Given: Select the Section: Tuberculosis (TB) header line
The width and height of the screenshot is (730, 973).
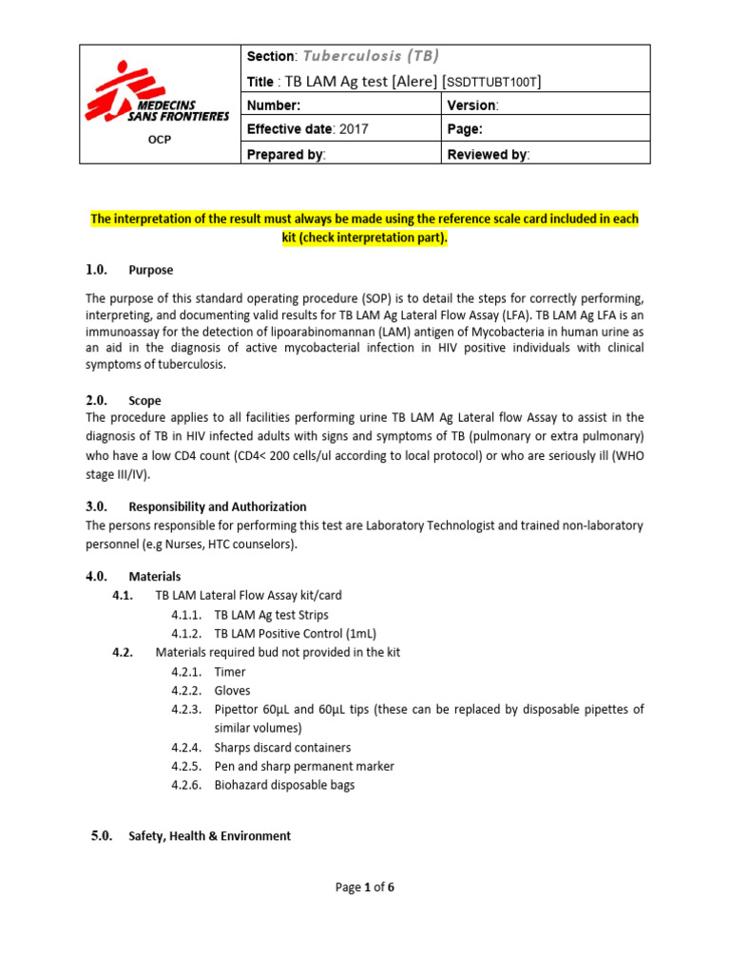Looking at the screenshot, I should [x=343, y=56].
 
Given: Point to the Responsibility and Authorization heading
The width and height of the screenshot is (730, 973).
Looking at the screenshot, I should [x=218, y=506].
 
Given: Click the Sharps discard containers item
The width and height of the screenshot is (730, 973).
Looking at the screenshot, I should [x=282, y=748].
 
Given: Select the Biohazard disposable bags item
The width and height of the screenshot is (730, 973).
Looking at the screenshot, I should [x=284, y=785].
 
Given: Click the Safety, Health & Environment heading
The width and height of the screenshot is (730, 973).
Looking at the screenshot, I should [x=209, y=836].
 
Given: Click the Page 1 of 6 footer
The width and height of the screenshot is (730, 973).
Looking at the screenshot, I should [x=365, y=887].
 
